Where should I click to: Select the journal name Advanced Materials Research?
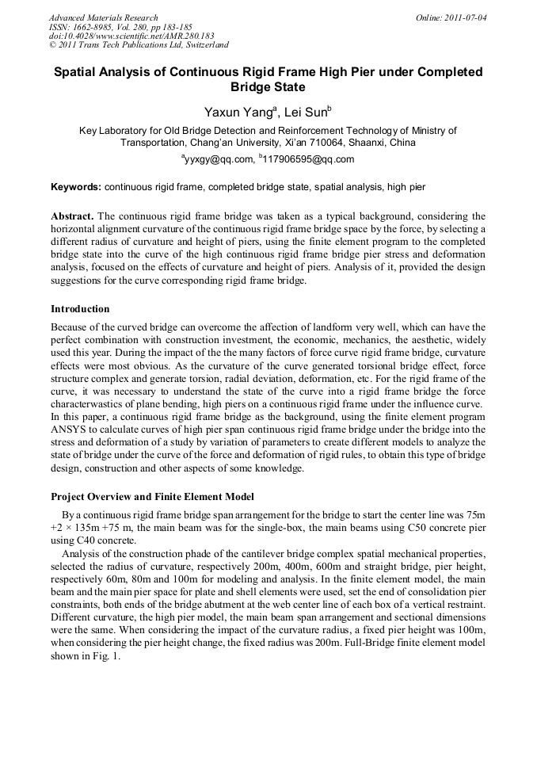(x=103, y=17)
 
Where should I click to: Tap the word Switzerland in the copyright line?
(x=204, y=46)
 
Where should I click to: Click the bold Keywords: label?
(x=76, y=188)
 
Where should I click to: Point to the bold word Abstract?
(x=72, y=216)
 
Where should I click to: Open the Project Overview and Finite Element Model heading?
(x=152, y=497)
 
